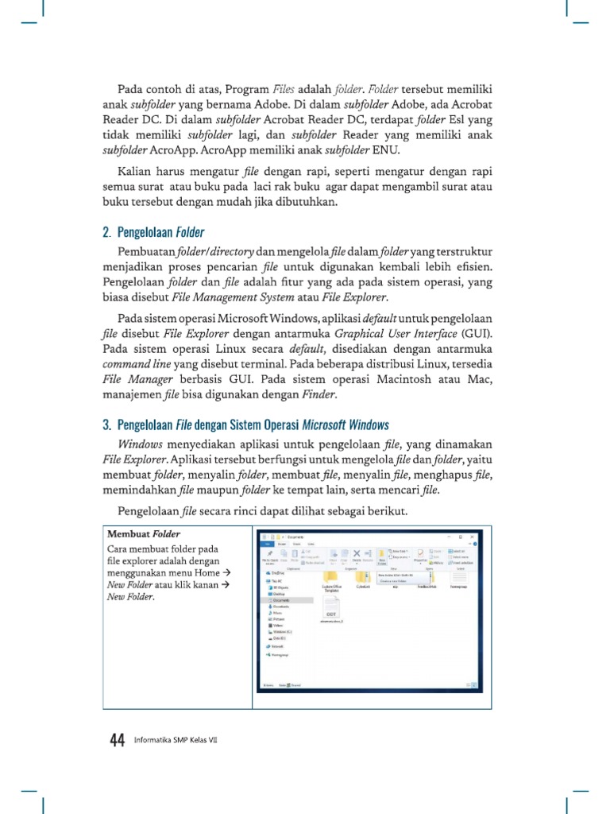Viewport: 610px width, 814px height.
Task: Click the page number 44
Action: pos(117,740)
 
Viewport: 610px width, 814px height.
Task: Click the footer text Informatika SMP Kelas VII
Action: pos(176,741)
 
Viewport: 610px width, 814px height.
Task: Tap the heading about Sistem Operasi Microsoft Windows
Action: pos(253,424)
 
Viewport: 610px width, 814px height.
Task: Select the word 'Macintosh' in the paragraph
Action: pos(406,379)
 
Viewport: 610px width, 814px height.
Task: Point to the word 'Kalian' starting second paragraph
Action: pos(137,172)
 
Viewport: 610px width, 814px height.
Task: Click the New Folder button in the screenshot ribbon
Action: pos(382,556)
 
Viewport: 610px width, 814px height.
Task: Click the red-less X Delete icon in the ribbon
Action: pos(357,555)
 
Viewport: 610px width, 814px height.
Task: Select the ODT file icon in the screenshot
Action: pos(332,617)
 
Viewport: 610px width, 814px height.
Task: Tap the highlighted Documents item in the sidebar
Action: pos(280,601)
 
